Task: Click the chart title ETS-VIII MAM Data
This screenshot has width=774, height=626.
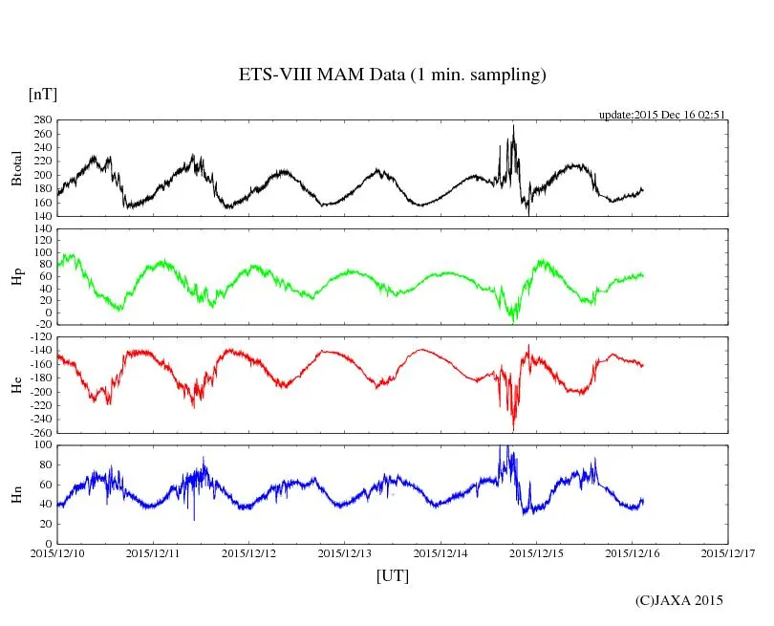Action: coord(392,76)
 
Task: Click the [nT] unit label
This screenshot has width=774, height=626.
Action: coord(42,95)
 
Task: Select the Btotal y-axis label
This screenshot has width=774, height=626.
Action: coord(16,168)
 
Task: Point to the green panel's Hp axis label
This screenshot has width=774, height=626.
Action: coord(16,277)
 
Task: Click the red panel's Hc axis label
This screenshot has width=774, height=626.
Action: coord(16,385)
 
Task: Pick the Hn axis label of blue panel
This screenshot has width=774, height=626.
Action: coord(16,494)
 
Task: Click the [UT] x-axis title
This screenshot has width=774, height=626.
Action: coord(393,575)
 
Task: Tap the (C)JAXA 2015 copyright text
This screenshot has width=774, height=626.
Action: coord(679,601)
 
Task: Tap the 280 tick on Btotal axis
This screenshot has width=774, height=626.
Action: coord(42,120)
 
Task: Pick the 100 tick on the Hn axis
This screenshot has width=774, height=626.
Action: coord(42,445)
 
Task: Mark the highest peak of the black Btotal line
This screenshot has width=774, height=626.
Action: coord(513,125)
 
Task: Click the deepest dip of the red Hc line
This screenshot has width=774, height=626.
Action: coord(513,429)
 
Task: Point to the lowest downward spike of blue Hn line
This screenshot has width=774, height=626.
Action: coord(194,520)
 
